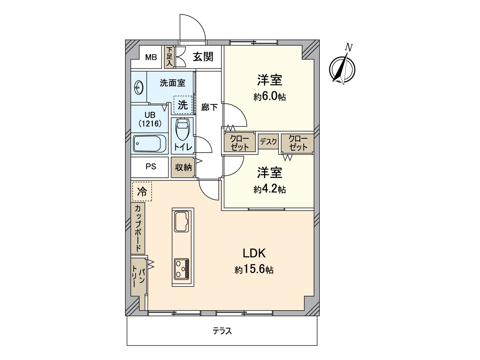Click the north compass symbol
[x=342, y=69]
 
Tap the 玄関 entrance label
[x=203, y=57]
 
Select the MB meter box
[x=151, y=57]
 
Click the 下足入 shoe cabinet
[x=169, y=57]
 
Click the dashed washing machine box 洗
[x=183, y=105]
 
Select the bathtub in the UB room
[x=150, y=144]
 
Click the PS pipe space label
[x=151, y=166]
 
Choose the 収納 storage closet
[x=183, y=167]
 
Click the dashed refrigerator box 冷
[x=142, y=191]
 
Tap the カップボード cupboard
[x=138, y=228]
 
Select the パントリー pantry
[x=138, y=277]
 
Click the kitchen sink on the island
[x=182, y=222]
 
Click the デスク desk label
[x=268, y=141]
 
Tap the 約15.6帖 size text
[x=254, y=269]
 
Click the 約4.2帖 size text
[x=269, y=189]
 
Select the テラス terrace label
[x=222, y=331]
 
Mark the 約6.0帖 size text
[x=269, y=97]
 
